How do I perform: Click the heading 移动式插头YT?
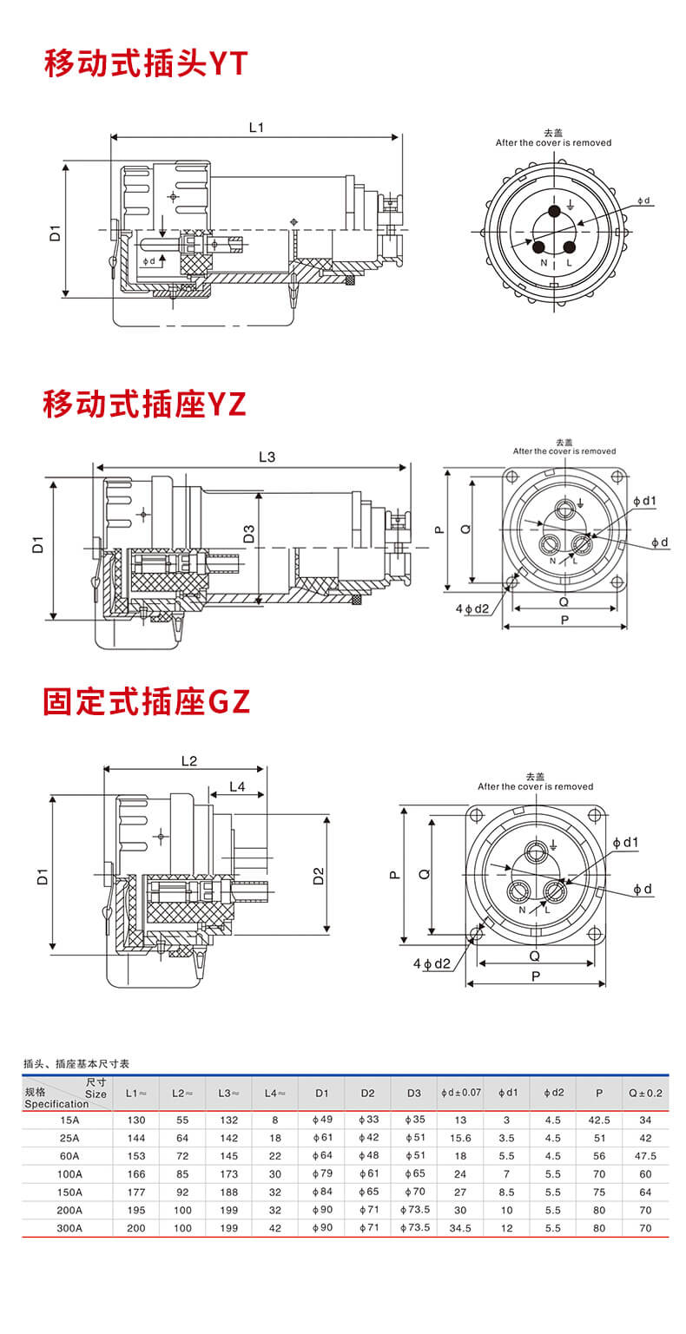[x=146, y=64]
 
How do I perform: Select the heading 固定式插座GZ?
[x=147, y=702]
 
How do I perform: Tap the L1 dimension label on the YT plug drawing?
[x=256, y=128]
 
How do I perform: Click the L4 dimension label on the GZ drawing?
[x=236, y=787]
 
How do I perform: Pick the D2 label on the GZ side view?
[x=318, y=876]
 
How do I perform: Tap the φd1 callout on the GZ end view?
[x=625, y=842]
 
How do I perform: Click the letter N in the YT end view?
[x=544, y=262]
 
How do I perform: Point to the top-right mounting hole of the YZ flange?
[x=617, y=476]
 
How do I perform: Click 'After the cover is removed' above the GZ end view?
[x=535, y=786]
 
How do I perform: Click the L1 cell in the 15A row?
[x=136, y=1120]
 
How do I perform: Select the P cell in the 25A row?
[x=599, y=1138]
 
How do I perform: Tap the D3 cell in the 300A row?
[x=415, y=1228]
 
